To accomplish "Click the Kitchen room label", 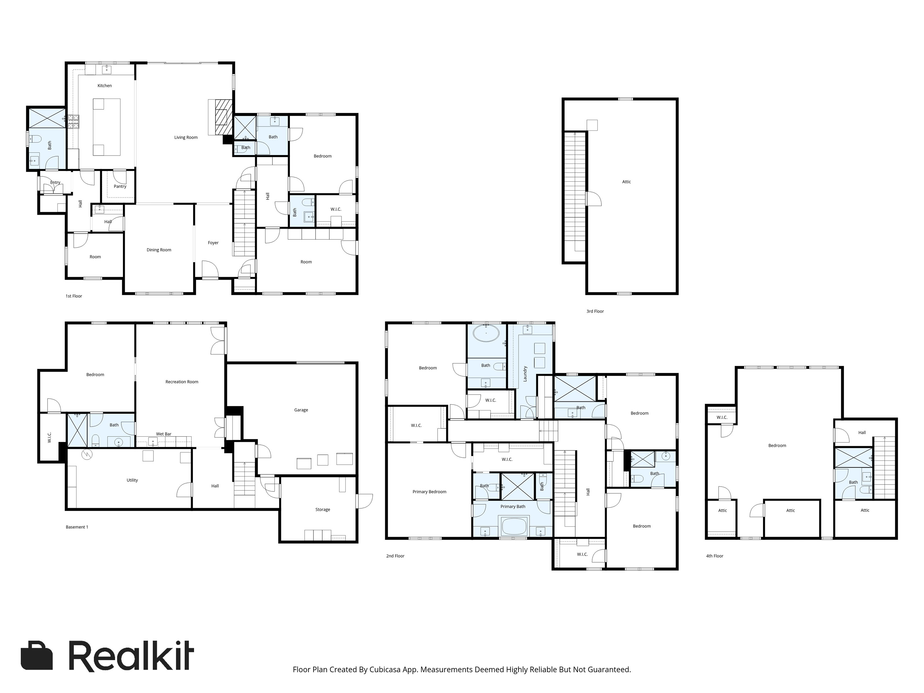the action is pyautogui.click(x=104, y=86).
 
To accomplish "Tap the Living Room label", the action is pyautogui.click(x=186, y=137).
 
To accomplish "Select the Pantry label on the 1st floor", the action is pyautogui.click(x=120, y=186).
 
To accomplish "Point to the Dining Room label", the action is pyautogui.click(x=159, y=250).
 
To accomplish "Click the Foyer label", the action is pyautogui.click(x=213, y=243).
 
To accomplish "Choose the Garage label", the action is pyautogui.click(x=301, y=410).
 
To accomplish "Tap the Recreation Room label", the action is pyautogui.click(x=182, y=382).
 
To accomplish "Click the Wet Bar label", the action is pyautogui.click(x=164, y=434).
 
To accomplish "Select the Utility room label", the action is pyautogui.click(x=132, y=480).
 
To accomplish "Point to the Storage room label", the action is pyautogui.click(x=323, y=510).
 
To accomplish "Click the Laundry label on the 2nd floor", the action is pyautogui.click(x=525, y=374).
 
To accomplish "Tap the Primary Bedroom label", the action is pyautogui.click(x=429, y=492).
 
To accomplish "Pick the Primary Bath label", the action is pyautogui.click(x=513, y=507).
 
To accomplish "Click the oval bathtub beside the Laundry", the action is pyautogui.click(x=486, y=334).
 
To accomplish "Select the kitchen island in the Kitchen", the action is pyautogui.click(x=106, y=127).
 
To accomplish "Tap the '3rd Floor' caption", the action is pyautogui.click(x=595, y=311).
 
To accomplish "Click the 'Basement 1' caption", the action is pyautogui.click(x=77, y=527).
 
